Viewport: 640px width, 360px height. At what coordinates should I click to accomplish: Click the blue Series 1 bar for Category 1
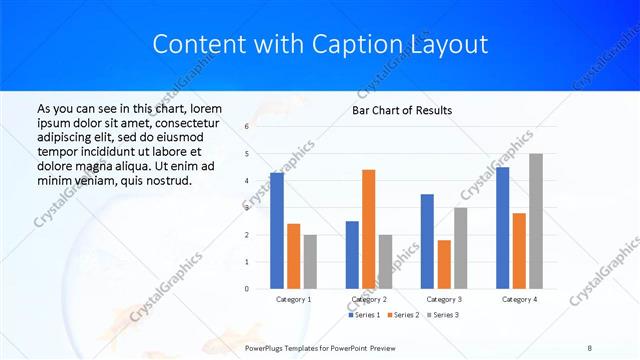[x=277, y=230]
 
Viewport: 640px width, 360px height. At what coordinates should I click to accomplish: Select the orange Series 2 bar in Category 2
[x=368, y=229]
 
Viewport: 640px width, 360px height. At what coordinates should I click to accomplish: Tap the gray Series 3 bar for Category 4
[x=536, y=221]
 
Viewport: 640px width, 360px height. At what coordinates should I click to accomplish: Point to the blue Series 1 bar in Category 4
[x=502, y=227]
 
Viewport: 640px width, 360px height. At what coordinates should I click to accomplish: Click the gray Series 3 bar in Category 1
[x=310, y=261]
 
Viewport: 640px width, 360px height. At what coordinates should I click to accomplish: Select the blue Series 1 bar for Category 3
[x=427, y=241]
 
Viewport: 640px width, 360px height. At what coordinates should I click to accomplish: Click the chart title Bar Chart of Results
[x=402, y=110]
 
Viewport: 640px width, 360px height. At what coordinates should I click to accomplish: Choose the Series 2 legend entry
[x=402, y=315]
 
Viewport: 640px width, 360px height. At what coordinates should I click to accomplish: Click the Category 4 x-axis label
[x=519, y=299]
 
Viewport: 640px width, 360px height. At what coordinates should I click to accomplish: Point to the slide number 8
[x=590, y=346]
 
